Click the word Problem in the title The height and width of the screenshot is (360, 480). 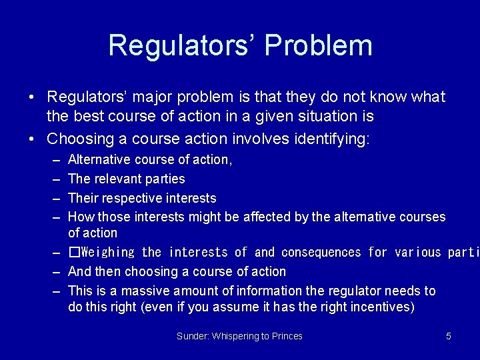point(318,45)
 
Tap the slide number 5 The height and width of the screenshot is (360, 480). point(449,336)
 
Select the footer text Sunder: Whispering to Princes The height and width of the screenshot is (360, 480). point(239,336)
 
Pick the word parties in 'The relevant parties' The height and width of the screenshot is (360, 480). point(164,179)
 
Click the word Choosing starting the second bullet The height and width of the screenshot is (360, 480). point(76,139)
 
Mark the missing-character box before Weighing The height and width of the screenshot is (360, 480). point(73,252)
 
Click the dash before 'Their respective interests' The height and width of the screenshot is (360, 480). point(54,198)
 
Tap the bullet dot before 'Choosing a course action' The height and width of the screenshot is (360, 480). point(33,139)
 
